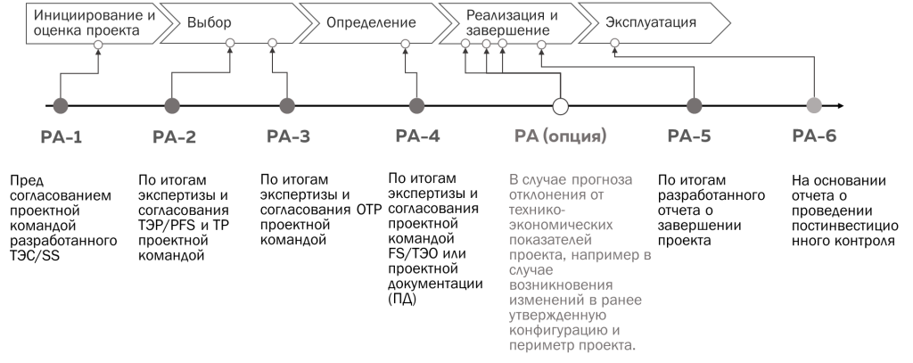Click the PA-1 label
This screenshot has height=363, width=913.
(62, 137)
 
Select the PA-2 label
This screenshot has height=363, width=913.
(175, 137)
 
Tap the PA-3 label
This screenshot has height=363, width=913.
(289, 137)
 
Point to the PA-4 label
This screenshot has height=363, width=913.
(417, 137)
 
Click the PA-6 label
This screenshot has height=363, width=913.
(814, 137)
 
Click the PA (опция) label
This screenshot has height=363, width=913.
(560, 137)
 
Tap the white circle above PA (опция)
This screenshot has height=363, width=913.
(560, 106)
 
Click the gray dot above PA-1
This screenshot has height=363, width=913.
(61, 106)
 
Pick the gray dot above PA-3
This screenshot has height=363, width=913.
(287, 106)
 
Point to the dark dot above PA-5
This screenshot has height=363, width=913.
(694, 106)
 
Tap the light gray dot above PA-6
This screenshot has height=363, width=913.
(813, 106)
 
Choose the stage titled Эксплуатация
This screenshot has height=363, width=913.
(651, 21)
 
